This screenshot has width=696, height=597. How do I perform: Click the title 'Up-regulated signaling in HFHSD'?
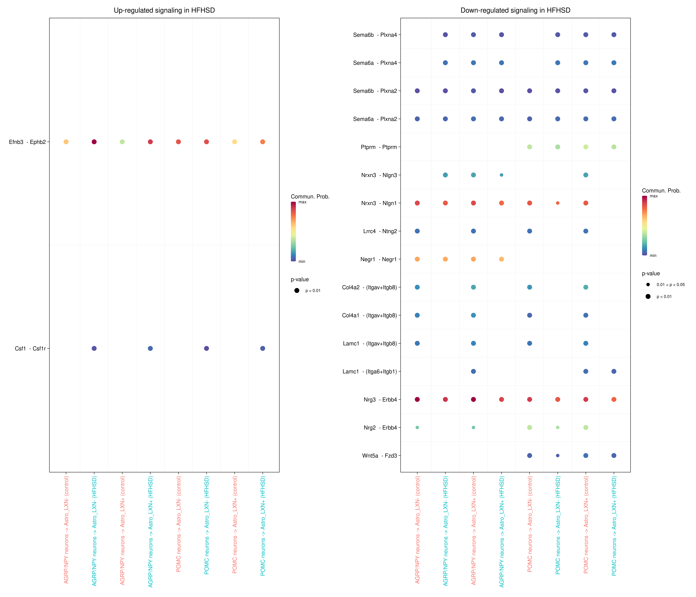(164, 10)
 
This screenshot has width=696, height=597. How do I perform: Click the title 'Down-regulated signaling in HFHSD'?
(515, 10)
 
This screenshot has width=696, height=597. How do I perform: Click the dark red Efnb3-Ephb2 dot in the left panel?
(94, 142)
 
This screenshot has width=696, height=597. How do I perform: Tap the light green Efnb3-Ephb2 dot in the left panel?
(122, 142)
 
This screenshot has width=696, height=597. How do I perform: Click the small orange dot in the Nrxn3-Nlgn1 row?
(558, 203)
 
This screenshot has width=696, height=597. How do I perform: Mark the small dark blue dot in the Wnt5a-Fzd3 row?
(558, 455)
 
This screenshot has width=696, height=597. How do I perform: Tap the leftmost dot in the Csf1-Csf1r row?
(94, 348)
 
